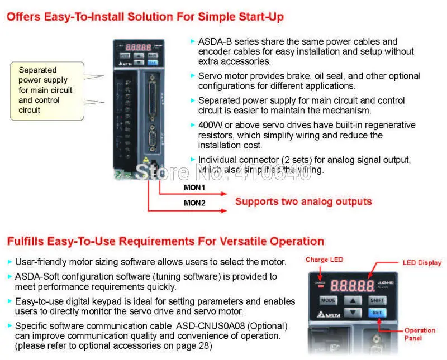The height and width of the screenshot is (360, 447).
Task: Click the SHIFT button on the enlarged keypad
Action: [x=376, y=300]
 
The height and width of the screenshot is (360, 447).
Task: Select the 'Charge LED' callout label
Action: [x=324, y=260]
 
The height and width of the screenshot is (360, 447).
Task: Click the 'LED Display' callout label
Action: [x=422, y=262]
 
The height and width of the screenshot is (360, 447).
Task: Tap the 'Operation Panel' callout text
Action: [x=420, y=334]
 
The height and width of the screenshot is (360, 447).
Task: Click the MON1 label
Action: [x=194, y=188]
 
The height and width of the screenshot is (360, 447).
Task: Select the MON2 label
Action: [x=194, y=203]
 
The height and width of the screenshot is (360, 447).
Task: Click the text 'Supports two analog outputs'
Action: [x=303, y=201]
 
